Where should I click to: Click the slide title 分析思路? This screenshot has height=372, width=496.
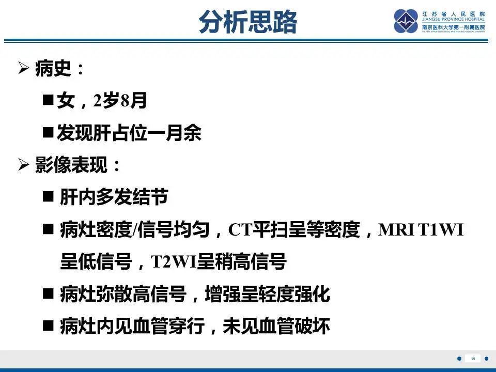[248, 22]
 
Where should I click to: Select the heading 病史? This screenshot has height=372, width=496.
[53, 69]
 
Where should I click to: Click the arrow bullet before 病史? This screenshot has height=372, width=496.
[23, 69]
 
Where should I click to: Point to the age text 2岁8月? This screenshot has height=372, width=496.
[120, 101]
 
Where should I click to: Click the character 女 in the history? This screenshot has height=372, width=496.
[66, 101]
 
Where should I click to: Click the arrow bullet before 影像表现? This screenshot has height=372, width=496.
[23, 166]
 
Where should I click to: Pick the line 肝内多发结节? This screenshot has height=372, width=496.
[114, 198]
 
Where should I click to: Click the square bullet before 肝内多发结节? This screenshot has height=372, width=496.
[48, 197]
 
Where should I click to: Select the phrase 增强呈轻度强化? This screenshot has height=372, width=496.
[267, 295]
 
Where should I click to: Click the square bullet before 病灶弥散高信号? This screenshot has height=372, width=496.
[48, 295]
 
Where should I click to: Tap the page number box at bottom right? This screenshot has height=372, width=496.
[473, 358]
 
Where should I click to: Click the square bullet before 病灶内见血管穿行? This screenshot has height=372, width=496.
[48, 327]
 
